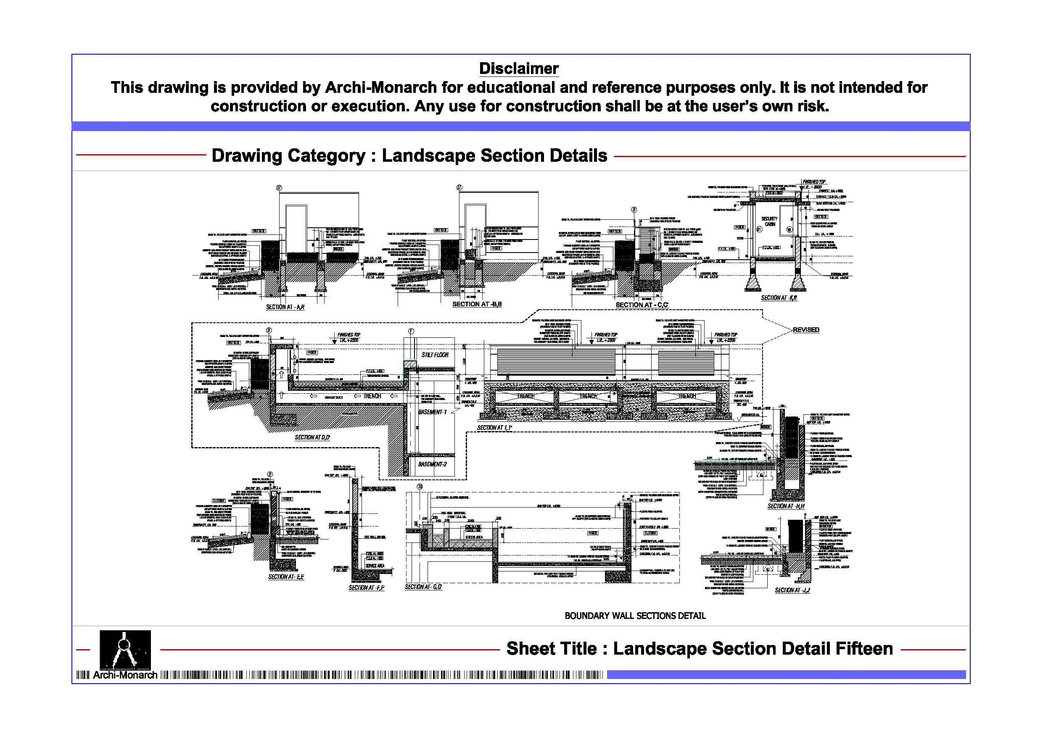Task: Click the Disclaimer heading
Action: tap(519, 68)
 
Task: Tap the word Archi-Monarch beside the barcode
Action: tap(125, 675)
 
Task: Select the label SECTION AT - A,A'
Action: tap(285, 307)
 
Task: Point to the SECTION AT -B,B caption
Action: tap(477, 304)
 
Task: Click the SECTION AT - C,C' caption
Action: tap(642, 305)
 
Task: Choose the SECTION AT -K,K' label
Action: tap(779, 298)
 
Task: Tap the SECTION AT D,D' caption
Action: tap(312, 437)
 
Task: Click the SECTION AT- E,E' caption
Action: tap(286, 577)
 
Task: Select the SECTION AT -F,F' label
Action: tap(367, 587)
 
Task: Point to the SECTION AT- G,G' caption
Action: tap(423, 587)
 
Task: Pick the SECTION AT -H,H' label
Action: tap(786, 506)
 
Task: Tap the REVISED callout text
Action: tap(806, 330)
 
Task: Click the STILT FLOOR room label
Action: tap(435, 355)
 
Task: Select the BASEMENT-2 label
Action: tap(433, 464)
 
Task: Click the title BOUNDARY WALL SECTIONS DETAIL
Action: tap(635, 616)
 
